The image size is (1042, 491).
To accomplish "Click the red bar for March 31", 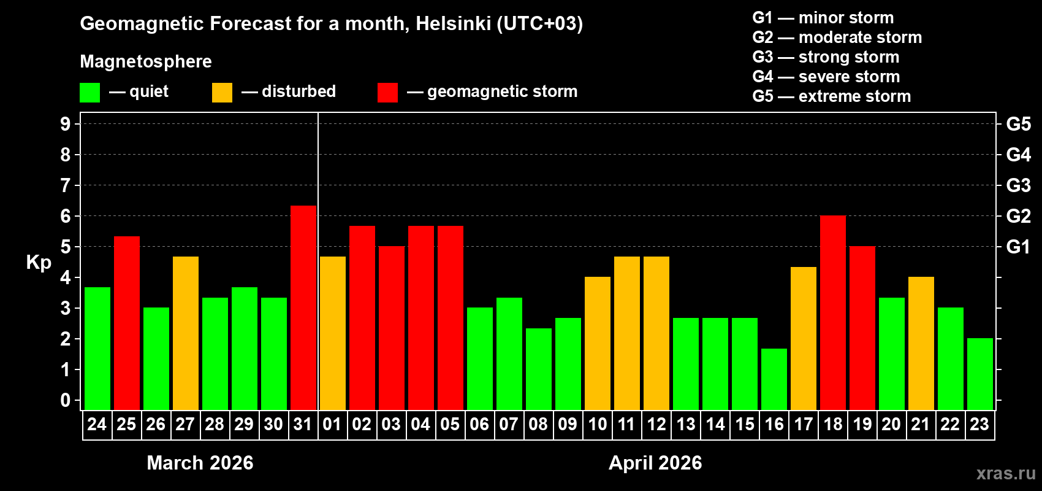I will [303, 307].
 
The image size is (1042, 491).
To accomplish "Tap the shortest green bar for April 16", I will [774, 379].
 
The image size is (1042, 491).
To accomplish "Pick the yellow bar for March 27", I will [185, 333].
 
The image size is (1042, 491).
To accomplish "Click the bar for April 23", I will [979, 374].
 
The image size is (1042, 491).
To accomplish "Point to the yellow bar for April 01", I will [332, 333].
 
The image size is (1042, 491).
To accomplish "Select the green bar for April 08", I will [538, 368].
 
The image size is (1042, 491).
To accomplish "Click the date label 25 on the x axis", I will [126, 424].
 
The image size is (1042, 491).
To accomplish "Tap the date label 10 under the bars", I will [597, 424].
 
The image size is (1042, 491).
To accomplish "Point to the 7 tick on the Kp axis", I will [66, 185].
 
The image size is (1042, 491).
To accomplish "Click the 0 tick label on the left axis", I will [66, 400].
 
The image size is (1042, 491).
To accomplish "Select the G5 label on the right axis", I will [1018, 124].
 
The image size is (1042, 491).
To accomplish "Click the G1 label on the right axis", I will [1018, 247].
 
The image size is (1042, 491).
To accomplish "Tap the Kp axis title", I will [39, 263].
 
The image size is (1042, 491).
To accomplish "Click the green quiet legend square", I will [89, 93].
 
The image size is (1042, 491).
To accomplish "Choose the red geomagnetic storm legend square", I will [387, 93].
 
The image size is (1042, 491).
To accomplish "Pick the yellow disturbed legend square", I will [222, 93].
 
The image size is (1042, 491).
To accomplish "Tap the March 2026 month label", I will [200, 463].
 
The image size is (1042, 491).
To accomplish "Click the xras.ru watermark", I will [1006, 473].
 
